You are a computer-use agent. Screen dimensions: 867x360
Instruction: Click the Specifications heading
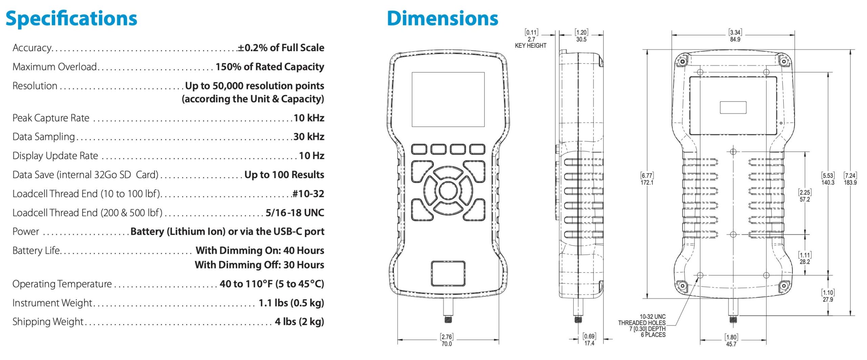(71, 19)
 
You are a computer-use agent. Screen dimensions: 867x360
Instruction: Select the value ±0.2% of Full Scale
(281, 47)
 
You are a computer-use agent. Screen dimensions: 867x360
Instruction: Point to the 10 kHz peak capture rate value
(309, 118)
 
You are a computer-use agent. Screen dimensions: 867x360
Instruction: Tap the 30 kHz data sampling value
(309, 136)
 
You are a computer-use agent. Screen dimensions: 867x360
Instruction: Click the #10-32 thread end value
(308, 194)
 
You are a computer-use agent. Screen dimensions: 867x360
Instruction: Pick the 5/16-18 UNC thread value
(295, 213)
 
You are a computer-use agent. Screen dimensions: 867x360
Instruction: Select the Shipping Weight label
(48, 321)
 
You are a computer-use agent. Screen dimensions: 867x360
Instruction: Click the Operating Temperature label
(62, 284)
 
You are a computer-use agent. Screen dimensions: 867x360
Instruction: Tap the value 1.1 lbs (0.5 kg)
(291, 303)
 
